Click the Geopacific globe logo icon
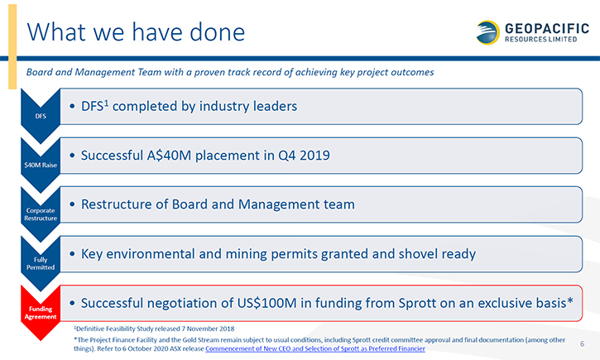point(488,32)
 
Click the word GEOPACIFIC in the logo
point(547,28)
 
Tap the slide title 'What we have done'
point(136,32)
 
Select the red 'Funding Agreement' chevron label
point(41,313)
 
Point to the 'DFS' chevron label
point(41,116)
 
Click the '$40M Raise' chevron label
point(41,165)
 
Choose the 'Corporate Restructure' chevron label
point(41,214)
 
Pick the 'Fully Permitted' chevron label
point(41,263)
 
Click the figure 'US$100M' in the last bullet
point(266,303)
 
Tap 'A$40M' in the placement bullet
point(169,156)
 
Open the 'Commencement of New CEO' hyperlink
point(315,348)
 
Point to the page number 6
point(582,343)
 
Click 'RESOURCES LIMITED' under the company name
point(540,40)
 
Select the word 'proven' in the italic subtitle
point(209,72)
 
